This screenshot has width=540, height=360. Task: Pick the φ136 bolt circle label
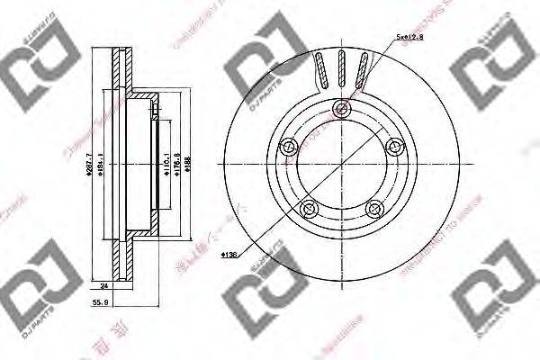pyautogui.click(x=228, y=256)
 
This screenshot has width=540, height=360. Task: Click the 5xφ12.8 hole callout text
pyautogui.click(x=409, y=37)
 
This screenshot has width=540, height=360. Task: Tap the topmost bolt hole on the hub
pyautogui.click(x=340, y=111)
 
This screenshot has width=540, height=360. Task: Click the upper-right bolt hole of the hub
pyautogui.click(x=392, y=148)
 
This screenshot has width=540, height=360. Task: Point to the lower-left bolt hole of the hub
pyautogui.click(x=309, y=210)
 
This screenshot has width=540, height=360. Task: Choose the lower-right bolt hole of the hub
pyautogui.click(x=373, y=210)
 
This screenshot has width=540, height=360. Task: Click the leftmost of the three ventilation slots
pyautogui.click(x=321, y=69)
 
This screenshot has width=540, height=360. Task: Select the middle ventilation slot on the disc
pyautogui.click(x=341, y=68)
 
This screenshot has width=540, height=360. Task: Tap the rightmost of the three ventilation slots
pyautogui.click(x=362, y=69)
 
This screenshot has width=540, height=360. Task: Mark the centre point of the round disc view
pyautogui.click(x=340, y=166)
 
